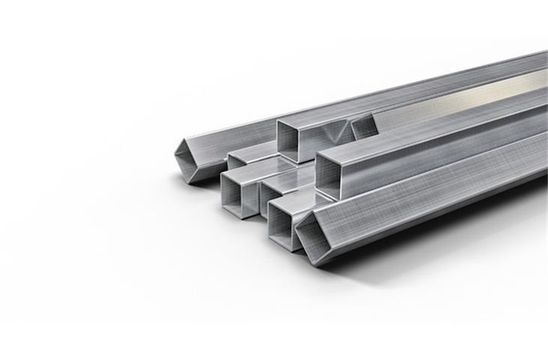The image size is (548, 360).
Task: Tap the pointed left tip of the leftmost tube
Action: pyautogui.click(x=175, y=155)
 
